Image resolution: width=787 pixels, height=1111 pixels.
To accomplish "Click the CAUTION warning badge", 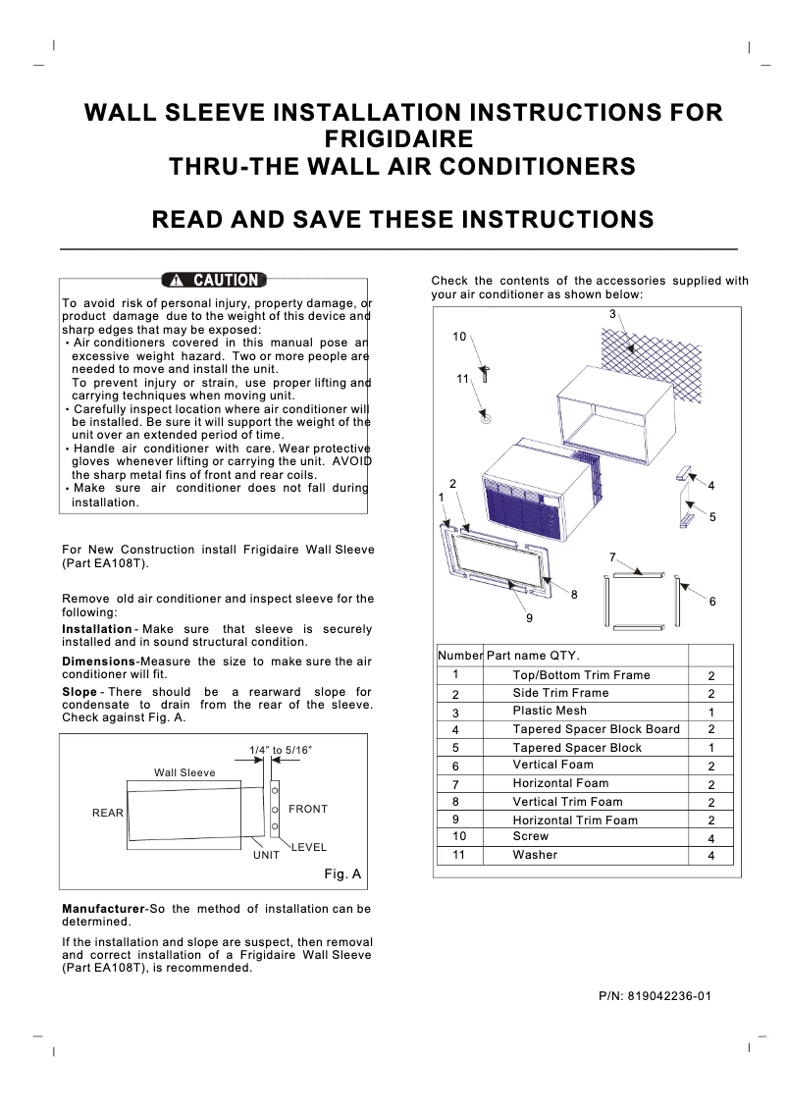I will [x=215, y=281].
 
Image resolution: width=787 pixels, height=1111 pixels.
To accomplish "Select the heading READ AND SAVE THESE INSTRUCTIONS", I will [x=403, y=219].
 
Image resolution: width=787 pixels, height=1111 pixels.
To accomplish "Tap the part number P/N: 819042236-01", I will [x=655, y=996].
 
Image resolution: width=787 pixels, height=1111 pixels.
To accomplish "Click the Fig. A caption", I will [x=342, y=873].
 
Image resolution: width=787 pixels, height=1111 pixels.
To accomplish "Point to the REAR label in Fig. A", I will [x=108, y=813].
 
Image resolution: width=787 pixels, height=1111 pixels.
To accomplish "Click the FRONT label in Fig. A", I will [x=308, y=809].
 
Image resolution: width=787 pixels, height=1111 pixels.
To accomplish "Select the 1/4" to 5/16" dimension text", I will [x=281, y=750].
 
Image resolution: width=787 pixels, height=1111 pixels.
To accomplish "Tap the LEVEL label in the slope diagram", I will [x=309, y=847].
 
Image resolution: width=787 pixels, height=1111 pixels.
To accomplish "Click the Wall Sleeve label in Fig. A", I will [x=184, y=772].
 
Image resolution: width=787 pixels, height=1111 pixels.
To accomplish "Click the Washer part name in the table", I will [x=535, y=855].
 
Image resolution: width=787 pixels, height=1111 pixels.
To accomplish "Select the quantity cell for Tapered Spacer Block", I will [x=710, y=748].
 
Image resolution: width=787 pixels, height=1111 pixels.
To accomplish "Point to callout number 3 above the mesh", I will [x=612, y=314].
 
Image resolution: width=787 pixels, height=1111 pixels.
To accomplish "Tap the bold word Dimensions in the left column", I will [x=98, y=661].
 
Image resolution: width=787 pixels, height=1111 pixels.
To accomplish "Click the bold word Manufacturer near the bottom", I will [x=102, y=909].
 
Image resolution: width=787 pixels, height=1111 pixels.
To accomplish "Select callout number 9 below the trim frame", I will [x=529, y=618].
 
